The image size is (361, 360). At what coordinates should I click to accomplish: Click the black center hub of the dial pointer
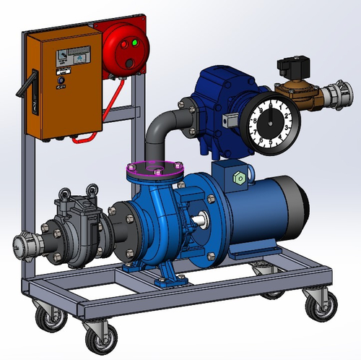[x=271, y=123]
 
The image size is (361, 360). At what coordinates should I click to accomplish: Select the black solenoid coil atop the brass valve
[x=293, y=70]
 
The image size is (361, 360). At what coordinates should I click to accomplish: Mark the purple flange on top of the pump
[x=155, y=170]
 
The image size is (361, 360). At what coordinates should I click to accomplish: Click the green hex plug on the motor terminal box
[x=238, y=178]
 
